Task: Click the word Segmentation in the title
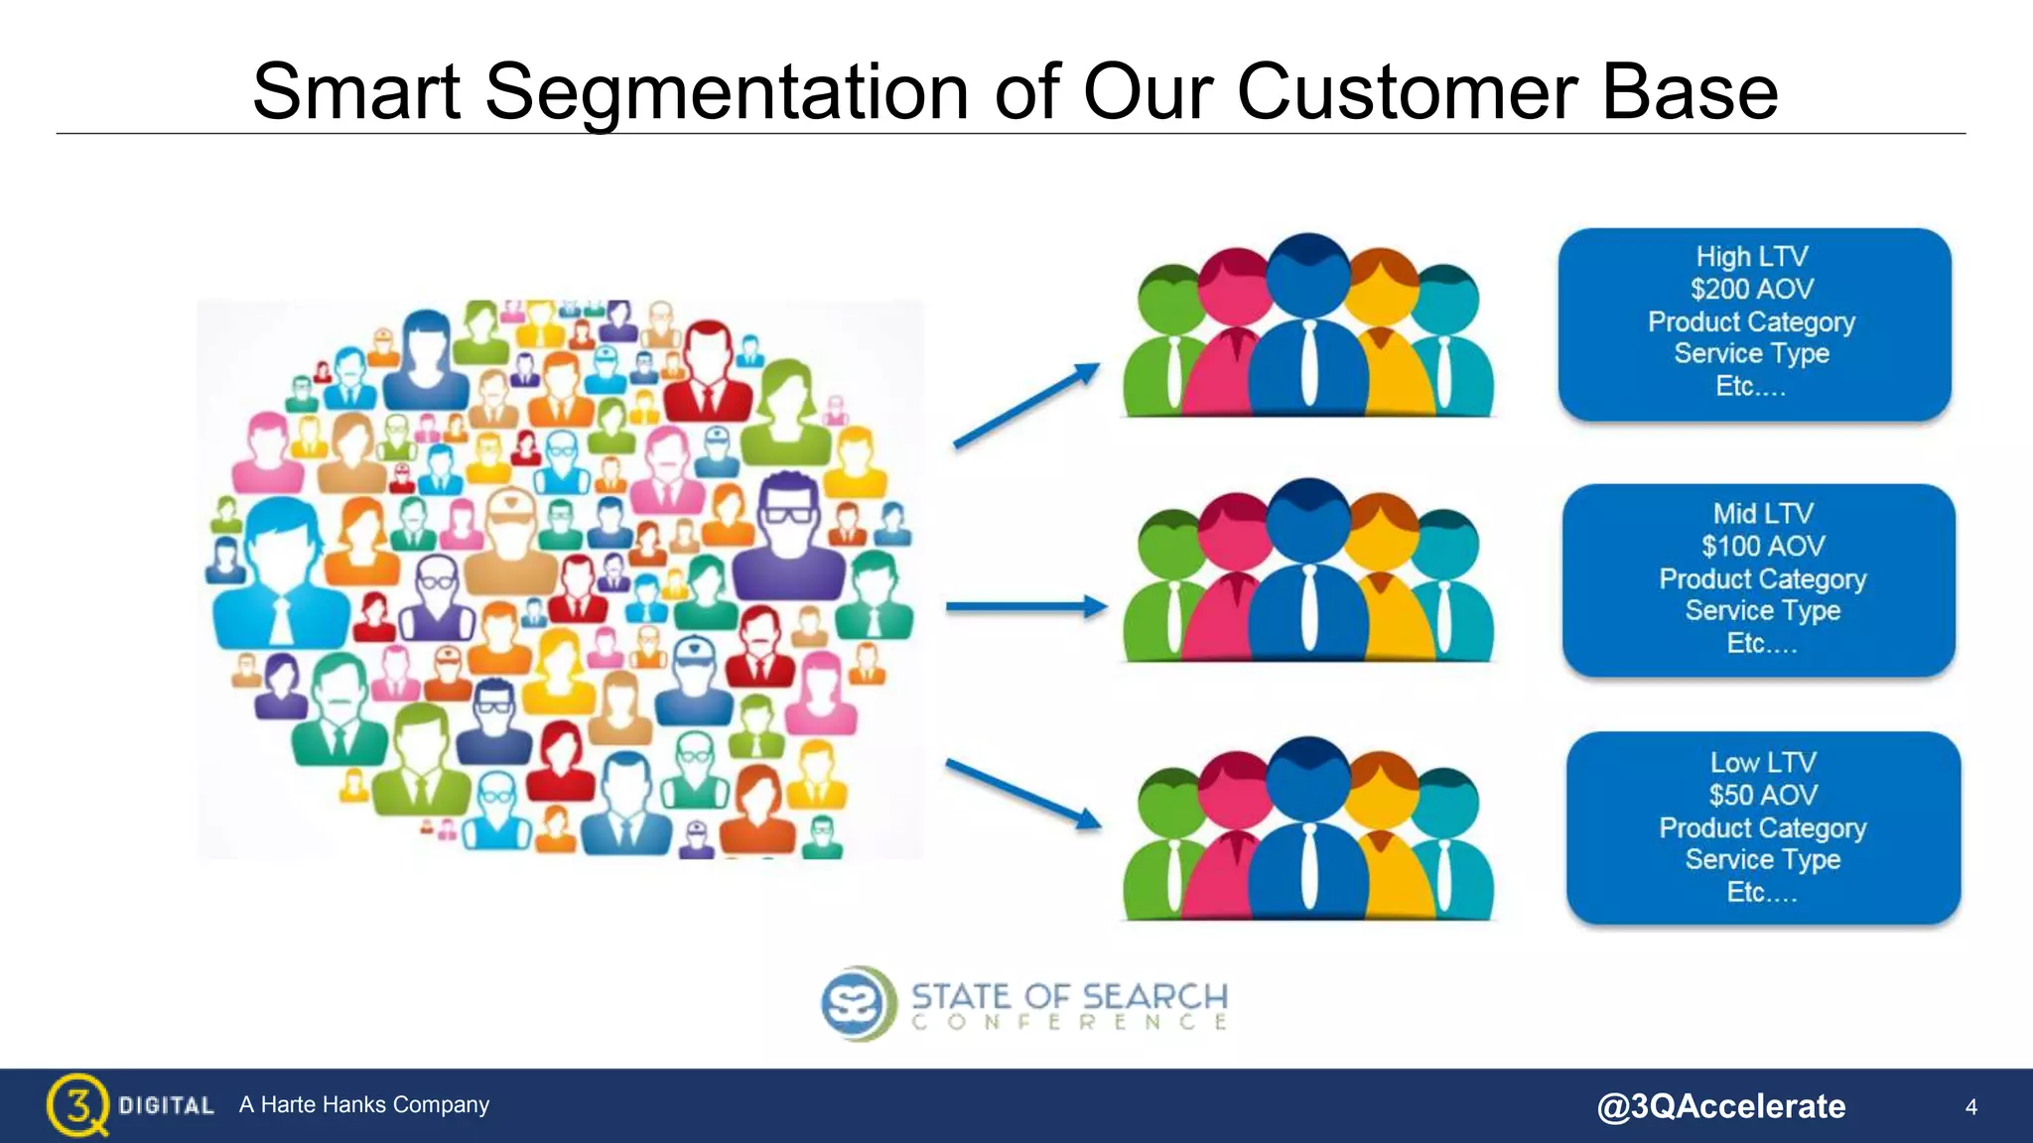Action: [726, 92]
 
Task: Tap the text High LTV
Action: [1752, 256]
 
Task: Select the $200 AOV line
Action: [1752, 289]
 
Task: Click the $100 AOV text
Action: [1763, 546]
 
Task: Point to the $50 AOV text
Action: [1763, 795]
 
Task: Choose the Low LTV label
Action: [1763, 762]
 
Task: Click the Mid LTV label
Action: [1763, 513]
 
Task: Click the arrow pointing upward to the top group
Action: [1026, 407]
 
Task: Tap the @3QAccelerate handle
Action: [1720, 1106]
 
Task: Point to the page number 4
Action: [1971, 1106]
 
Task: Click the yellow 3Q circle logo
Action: [76, 1103]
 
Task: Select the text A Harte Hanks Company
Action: [363, 1104]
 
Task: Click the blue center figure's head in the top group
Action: [1308, 273]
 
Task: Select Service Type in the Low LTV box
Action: [1763, 859]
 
